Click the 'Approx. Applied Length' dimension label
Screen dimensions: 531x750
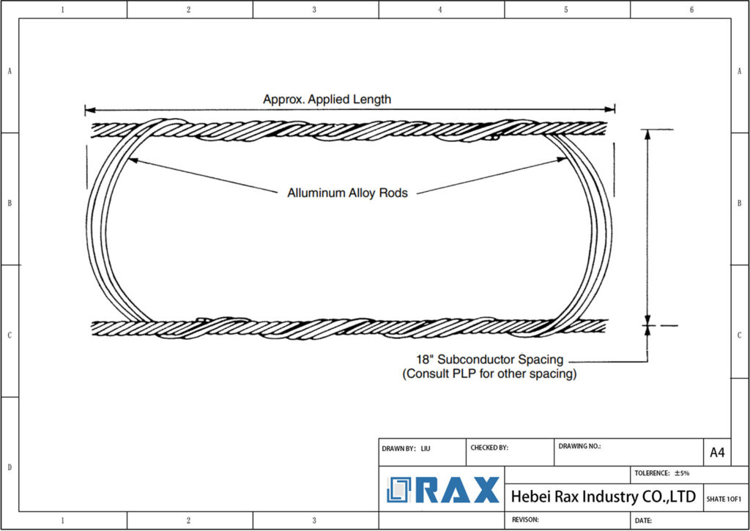(x=327, y=99)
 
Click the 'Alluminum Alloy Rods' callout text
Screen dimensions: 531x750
(x=347, y=193)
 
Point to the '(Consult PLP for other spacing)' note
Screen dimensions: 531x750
(x=489, y=374)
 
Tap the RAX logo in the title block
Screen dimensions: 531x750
(x=444, y=490)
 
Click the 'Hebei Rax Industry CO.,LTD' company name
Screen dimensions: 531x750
(x=603, y=497)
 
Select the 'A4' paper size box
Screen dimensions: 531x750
(x=717, y=453)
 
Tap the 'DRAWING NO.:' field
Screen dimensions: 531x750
(x=579, y=446)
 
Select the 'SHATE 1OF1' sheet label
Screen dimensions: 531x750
(x=724, y=499)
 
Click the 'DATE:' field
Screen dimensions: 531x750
(x=644, y=520)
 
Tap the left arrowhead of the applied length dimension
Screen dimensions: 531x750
(x=89, y=110)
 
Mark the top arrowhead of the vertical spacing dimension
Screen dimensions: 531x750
(x=647, y=134)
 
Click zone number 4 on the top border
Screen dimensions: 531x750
(x=440, y=10)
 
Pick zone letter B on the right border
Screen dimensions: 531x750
(x=740, y=203)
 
